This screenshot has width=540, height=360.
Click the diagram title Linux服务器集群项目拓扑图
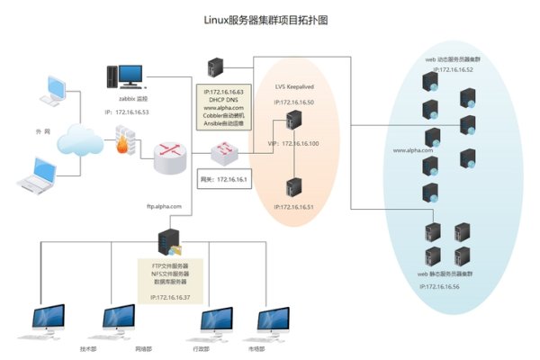click(269, 17)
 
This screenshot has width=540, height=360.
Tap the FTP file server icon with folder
click(169, 242)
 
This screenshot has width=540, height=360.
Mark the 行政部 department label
click(202, 347)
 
